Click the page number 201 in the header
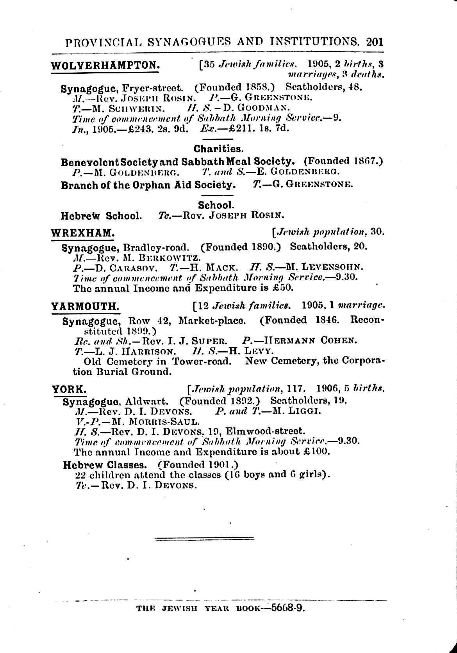point(375,42)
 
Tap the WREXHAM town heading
point(83,233)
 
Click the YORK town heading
point(69,389)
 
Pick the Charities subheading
point(218,149)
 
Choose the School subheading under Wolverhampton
point(216,205)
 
